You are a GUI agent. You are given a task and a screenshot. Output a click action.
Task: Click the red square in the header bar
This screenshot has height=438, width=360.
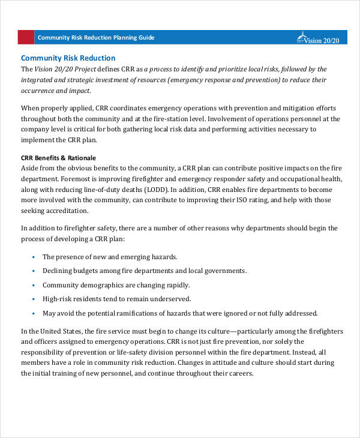[26, 37]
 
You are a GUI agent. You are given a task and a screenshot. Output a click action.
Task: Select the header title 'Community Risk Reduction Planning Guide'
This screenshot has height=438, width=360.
[96, 37]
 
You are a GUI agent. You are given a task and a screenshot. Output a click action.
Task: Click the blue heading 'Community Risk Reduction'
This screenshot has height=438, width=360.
[68, 58]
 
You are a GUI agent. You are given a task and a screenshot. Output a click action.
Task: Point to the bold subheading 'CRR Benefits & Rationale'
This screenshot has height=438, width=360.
[59, 158]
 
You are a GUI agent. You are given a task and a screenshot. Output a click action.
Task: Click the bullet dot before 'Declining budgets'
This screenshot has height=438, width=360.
[31, 271]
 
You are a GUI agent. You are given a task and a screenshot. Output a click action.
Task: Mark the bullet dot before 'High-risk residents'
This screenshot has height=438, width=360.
[31, 299]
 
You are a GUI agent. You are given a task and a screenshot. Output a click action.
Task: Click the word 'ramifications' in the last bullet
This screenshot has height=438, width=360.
[152, 313]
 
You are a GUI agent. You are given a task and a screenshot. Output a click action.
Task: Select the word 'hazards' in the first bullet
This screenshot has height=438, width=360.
[163, 257]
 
